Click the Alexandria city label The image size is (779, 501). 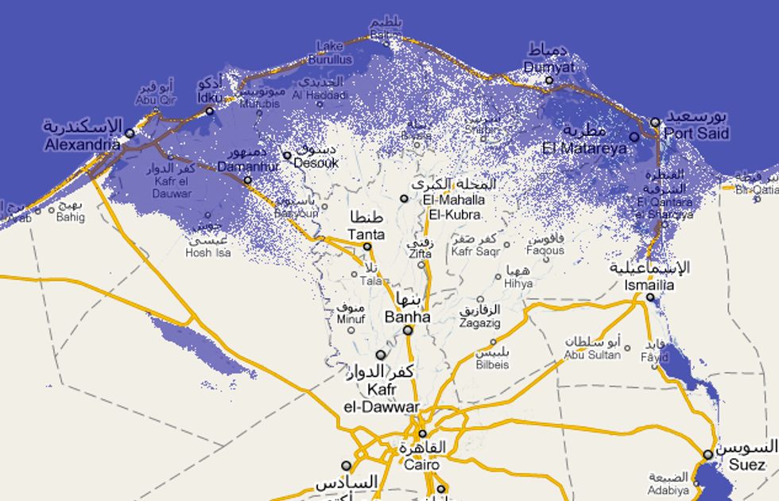point(83,146)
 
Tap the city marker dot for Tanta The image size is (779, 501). point(367,247)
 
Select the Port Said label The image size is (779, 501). point(696,134)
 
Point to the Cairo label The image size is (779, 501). point(421,464)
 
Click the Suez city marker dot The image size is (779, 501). point(707,455)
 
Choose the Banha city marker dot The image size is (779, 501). point(408,330)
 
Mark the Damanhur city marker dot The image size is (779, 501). point(247,180)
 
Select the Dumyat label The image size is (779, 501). point(549,68)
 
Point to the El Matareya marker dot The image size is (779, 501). point(634,137)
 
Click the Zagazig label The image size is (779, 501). point(480,324)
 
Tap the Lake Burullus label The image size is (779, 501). point(330,53)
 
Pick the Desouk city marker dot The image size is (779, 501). point(287,156)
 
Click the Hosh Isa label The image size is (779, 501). point(207,253)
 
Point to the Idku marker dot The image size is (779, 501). point(210,111)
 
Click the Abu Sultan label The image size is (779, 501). point(592,355)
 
